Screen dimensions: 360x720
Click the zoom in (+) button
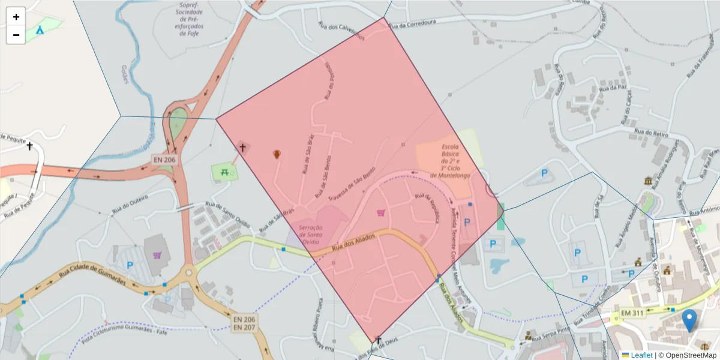[x=16, y=17]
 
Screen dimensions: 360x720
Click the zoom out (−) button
[x=16, y=35]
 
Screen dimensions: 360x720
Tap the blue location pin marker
[x=690, y=320]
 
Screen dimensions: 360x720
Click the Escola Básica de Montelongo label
[x=449, y=161]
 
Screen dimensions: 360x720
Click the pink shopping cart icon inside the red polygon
[x=380, y=212]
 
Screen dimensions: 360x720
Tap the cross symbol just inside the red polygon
[x=243, y=147]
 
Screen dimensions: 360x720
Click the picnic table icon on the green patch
[x=224, y=172]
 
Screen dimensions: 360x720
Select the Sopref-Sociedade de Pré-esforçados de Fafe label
[x=191, y=19]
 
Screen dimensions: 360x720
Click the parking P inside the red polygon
[x=467, y=222]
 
